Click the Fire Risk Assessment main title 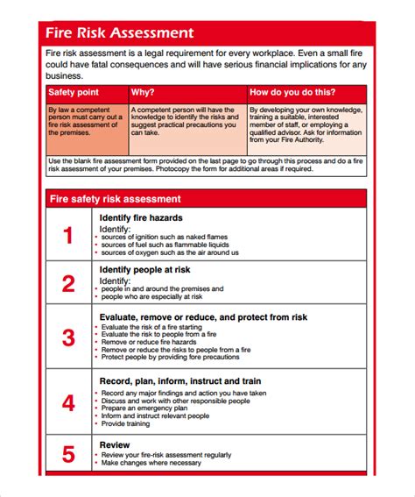point(120,33)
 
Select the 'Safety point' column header point(74,92)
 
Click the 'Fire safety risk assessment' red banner point(115,199)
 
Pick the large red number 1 point(68,235)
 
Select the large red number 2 point(68,283)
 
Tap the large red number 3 point(68,337)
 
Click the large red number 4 point(68,402)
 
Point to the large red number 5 point(68,455)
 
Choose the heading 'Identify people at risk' point(144,270)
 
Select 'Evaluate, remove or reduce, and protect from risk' point(203,316)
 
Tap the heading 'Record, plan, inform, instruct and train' point(180,358)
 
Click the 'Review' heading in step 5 point(115,444)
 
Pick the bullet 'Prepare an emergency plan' point(144,384)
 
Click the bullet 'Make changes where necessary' point(150,464)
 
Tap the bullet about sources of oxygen point(169,252)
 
